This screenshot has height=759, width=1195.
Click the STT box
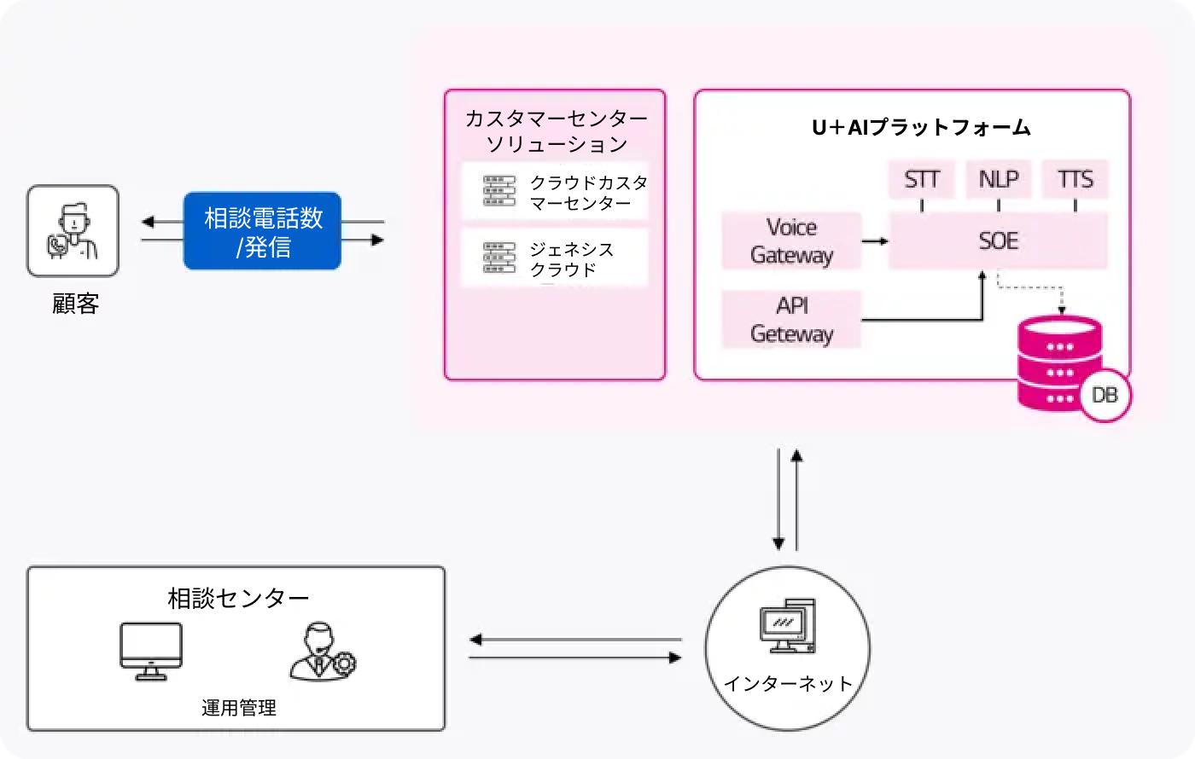[922, 179]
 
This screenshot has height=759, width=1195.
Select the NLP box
[999, 179]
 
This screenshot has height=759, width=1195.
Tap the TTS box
[1075, 179]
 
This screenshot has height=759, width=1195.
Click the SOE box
[998, 240]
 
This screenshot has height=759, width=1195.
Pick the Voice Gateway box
[791, 240]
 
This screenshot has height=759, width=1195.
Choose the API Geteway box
[791, 320]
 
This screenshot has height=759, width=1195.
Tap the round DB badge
[1105, 395]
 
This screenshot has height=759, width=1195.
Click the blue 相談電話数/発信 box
[263, 231]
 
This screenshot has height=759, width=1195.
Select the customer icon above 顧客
[73, 231]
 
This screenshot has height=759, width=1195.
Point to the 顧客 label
[76, 304]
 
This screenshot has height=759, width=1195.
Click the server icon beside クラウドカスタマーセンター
[499, 191]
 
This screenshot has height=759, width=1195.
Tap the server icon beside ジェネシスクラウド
[499, 258]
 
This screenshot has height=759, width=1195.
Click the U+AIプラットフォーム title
[921, 128]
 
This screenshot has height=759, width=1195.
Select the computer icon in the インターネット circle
[787, 626]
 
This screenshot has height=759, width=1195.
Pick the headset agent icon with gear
[322, 652]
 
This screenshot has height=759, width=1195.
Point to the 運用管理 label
[239, 708]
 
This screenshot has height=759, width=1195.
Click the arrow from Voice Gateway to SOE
[875, 241]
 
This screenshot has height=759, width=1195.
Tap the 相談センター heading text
[238, 599]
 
